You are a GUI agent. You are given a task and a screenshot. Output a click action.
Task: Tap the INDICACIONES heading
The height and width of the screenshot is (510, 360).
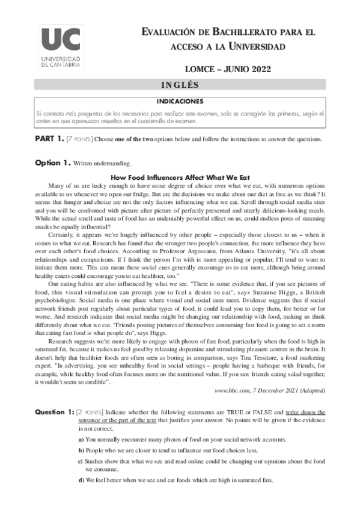180,100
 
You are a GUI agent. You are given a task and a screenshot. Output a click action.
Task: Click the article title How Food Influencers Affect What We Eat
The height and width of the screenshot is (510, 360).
180,178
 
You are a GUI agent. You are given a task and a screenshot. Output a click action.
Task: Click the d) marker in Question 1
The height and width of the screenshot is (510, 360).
81,481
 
